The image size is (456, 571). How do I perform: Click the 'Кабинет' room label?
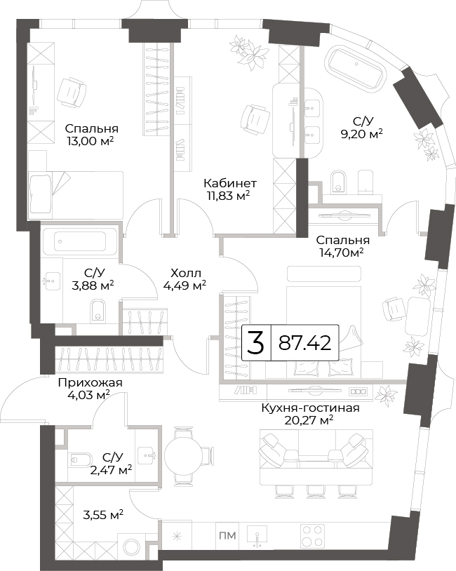click(x=230, y=183)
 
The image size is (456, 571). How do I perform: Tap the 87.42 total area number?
click(x=305, y=343)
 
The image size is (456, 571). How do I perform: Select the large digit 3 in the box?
click(x=255, y=343)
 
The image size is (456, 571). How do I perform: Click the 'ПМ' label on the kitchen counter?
click(x=227, y=536)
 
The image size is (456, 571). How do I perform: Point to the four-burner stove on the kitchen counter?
click(x=312, y=536)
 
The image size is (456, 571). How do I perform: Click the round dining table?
click(x=182, y=455)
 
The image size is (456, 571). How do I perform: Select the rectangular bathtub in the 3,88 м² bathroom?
click(x=80, y=241)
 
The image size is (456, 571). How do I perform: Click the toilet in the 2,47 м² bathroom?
click(x=80, y=459)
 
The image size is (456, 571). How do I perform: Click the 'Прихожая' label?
click(x=90, y=383)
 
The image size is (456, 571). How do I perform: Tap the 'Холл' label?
click(x=186, y=273)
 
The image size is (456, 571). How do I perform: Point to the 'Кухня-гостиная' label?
click(x=310, y=408)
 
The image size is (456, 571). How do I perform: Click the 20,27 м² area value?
click(x=309, y=421)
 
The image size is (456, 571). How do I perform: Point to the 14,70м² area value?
click(x=342, y=253)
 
